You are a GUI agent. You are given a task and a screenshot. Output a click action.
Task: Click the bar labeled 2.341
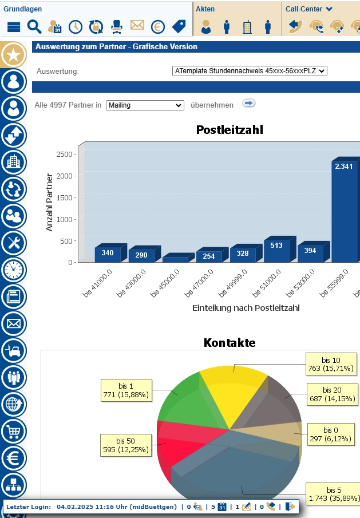pos(343,212)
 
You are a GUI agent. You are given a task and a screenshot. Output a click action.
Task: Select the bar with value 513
pos(276,251)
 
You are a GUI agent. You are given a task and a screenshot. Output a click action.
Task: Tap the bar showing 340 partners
pos(108,254)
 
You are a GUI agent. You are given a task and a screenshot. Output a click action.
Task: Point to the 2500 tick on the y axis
pos(64,154)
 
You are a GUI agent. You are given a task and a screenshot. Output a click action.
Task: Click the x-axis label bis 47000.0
pos(197,283)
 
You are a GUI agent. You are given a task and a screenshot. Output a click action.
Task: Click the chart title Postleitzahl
pos(230,130)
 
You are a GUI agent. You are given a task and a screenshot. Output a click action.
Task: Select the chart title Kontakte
pos(230,343)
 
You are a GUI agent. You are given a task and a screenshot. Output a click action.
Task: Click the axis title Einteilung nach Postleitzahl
pos(246,308)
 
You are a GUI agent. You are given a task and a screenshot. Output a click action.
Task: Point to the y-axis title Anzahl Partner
pos(49,202)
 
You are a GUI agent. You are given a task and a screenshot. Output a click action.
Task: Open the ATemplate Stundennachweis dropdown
pos(249,71)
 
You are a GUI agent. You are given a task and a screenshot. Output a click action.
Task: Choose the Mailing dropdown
pos(145,105)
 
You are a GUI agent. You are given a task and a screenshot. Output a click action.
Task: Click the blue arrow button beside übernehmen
pos(248,104)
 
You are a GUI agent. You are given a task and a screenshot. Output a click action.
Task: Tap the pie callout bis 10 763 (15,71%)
pos(331,365)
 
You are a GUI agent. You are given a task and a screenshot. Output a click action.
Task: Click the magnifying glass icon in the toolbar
pos(34,26)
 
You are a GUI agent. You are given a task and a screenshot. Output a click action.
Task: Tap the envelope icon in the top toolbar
pos(137,26)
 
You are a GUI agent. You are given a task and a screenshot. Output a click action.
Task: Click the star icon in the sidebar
pos(13,55)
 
